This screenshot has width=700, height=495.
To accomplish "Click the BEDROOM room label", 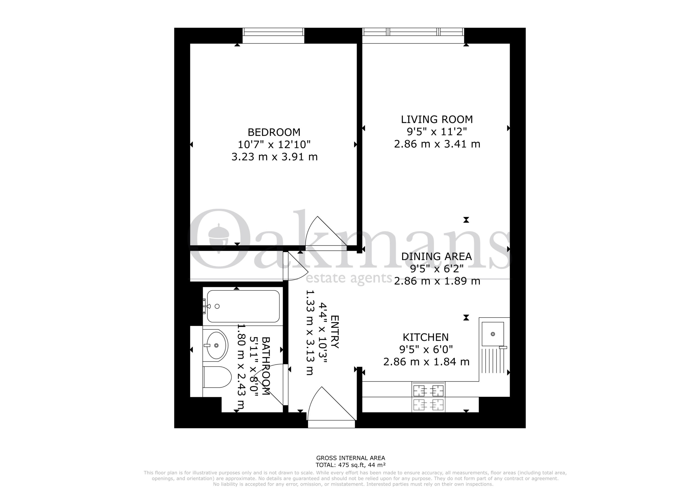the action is (x=274, y=132).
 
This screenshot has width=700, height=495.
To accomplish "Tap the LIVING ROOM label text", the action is (x=437, y=119).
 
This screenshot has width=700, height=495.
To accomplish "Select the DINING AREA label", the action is (x=436, y=257).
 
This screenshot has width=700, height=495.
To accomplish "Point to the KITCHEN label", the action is (x=426, y=337).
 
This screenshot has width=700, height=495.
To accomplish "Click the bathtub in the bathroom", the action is (x=243, y=306).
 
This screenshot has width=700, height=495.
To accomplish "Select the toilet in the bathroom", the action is (x=217, y=377).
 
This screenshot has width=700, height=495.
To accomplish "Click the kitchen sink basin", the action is (x=493, y=334).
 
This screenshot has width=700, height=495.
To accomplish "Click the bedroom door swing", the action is (x=326, y=233).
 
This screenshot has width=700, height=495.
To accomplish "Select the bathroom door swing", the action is (x=270, y=385).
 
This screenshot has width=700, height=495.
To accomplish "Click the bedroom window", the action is (x=273, y=36).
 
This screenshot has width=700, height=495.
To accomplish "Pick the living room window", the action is (x=413, y=36).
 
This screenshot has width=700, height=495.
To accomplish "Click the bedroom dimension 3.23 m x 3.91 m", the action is (x=274, y=157).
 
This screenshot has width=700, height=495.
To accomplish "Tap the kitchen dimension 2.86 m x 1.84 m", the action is (x=426, y=362).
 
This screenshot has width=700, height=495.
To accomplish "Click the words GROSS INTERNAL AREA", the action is (x=351, y=458).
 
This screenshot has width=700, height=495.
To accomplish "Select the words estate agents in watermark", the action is (x=349, y=278).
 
